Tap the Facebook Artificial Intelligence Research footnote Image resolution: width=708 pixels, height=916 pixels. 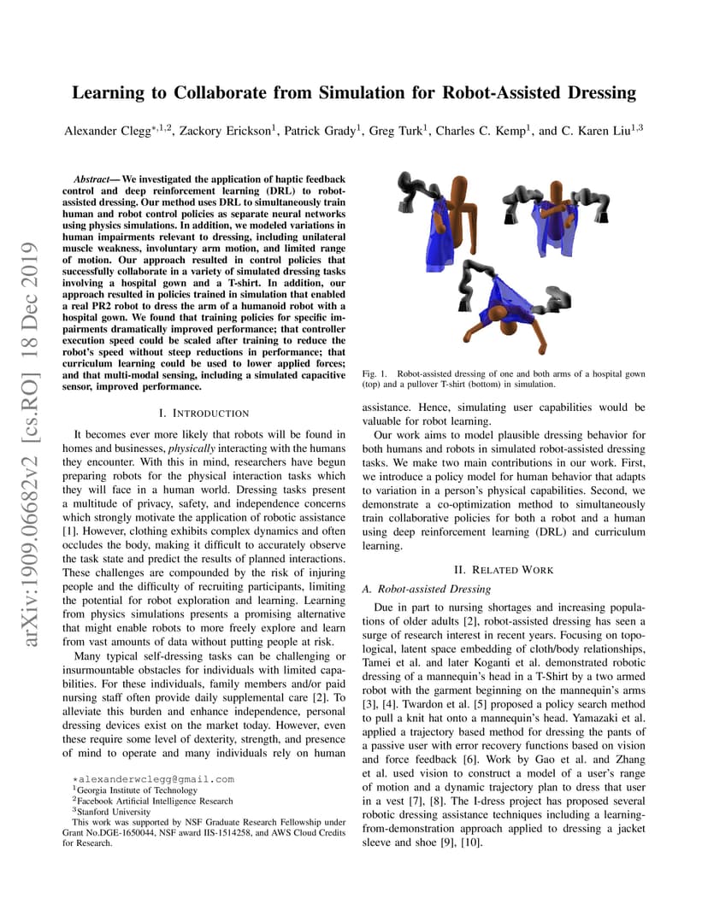pyautogui.click(x=155, y=801)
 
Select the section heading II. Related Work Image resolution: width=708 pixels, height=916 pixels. pyautogui.click(x=503, y=570)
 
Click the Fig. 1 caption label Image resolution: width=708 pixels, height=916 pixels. pyautogui.click(x=375, y=374)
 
